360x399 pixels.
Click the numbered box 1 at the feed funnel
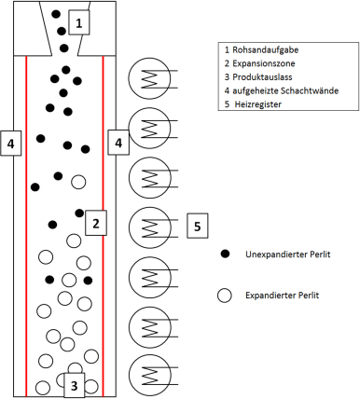(79, 22)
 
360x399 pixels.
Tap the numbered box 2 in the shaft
(96, 223)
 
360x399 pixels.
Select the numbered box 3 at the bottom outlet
(75, 385)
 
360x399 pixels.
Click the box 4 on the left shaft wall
(11, 144)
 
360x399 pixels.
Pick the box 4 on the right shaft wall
(118, 143)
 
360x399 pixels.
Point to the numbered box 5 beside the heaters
(198, 226)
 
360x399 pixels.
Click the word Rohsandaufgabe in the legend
(266, 49)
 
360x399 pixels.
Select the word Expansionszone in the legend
(264, 63)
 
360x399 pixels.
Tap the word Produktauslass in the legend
(262, 76)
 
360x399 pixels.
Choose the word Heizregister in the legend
(258, 104)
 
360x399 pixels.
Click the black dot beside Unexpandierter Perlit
(225, 254)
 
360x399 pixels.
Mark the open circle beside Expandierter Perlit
(225, 296)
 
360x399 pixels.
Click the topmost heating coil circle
(150, 78)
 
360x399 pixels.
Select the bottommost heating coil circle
(150, 376)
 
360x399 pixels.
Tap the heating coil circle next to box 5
(150, 227)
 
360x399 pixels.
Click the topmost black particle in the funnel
(56, 14)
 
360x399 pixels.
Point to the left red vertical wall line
(26, 226)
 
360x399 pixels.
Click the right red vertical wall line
(103, 226)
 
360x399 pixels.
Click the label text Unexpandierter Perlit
(288, 255)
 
